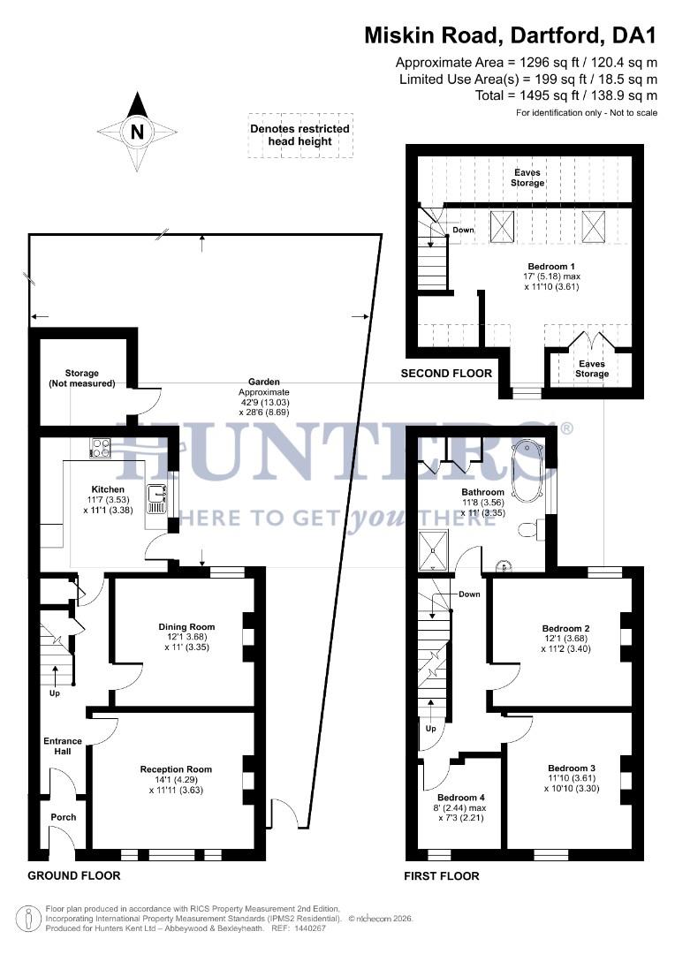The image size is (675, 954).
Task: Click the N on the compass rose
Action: (x=137, y=132)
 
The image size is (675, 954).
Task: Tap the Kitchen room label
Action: (x=109, y=489)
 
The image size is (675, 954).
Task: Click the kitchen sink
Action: (x=157, y=501)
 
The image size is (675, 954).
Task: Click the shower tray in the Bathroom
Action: (x=434, y=549)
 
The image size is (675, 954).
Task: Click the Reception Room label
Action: (x=177, y=769)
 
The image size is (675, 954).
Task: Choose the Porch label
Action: (x=63, y=817)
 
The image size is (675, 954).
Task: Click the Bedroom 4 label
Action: (x=460, y=796)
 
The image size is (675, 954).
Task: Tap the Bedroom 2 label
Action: (x=565, y=629)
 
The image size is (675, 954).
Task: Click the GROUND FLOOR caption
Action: (x=74, y=875)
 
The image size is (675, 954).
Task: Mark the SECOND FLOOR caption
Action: (x=446, y=374)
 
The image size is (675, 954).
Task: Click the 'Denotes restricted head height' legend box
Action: (x=300, y=135)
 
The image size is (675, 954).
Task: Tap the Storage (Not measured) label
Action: (x=81, y=378)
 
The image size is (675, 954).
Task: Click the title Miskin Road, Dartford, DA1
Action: (x=511, y=35)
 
